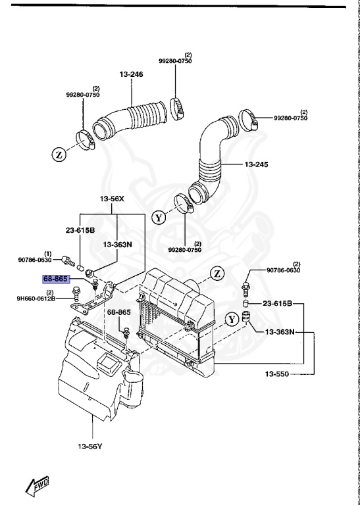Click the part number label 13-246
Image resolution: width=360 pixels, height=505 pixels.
(131, 74)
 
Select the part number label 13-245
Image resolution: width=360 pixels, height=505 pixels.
(261, 164)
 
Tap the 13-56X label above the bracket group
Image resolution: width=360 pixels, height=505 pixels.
(112, 199)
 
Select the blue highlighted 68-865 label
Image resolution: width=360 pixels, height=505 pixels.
(56, 279)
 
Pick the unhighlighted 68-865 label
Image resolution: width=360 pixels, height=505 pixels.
(120, 313)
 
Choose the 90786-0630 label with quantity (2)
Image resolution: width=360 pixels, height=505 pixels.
(283, 270)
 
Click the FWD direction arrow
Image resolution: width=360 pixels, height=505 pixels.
(38, 487)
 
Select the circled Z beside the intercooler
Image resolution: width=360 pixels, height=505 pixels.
(217, 273)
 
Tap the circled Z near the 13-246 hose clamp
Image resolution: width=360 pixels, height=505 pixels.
(58, 155)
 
